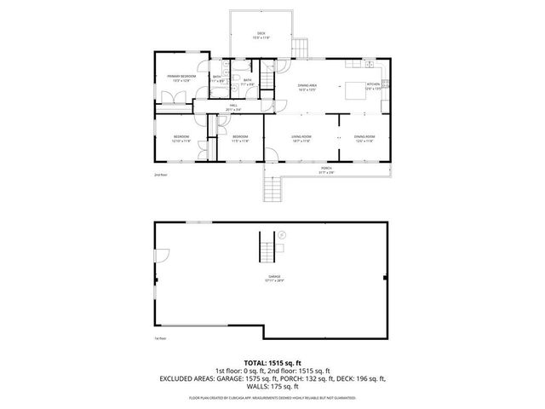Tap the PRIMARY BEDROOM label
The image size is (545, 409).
181,78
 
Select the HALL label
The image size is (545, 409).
232,107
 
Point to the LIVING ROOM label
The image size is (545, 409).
301,138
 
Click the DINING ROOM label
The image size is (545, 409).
365,138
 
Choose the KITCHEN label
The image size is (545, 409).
373,85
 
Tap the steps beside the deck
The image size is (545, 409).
300,49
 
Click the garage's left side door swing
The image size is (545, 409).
161,253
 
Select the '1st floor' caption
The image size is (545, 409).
159,338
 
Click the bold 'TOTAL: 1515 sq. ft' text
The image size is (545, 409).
272,362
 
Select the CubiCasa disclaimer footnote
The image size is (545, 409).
272,398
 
